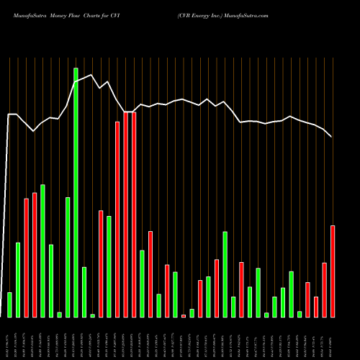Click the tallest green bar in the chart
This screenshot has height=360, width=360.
click(76, 192)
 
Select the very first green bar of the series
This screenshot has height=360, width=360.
click(9, 305)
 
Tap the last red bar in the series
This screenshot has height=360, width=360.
click(333, 271)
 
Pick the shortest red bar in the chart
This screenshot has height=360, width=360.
click(184, 316)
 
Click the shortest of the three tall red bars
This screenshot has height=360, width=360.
click(117, 220)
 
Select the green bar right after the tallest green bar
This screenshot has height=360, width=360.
click(84, 292)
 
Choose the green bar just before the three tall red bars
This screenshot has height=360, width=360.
click(109, 266)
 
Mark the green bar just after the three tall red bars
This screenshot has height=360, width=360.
click(142, 284)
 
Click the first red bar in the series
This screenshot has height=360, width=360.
click(26, 258)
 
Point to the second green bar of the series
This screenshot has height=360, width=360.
click(18, 280)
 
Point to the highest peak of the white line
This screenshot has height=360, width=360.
click(91, 74)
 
